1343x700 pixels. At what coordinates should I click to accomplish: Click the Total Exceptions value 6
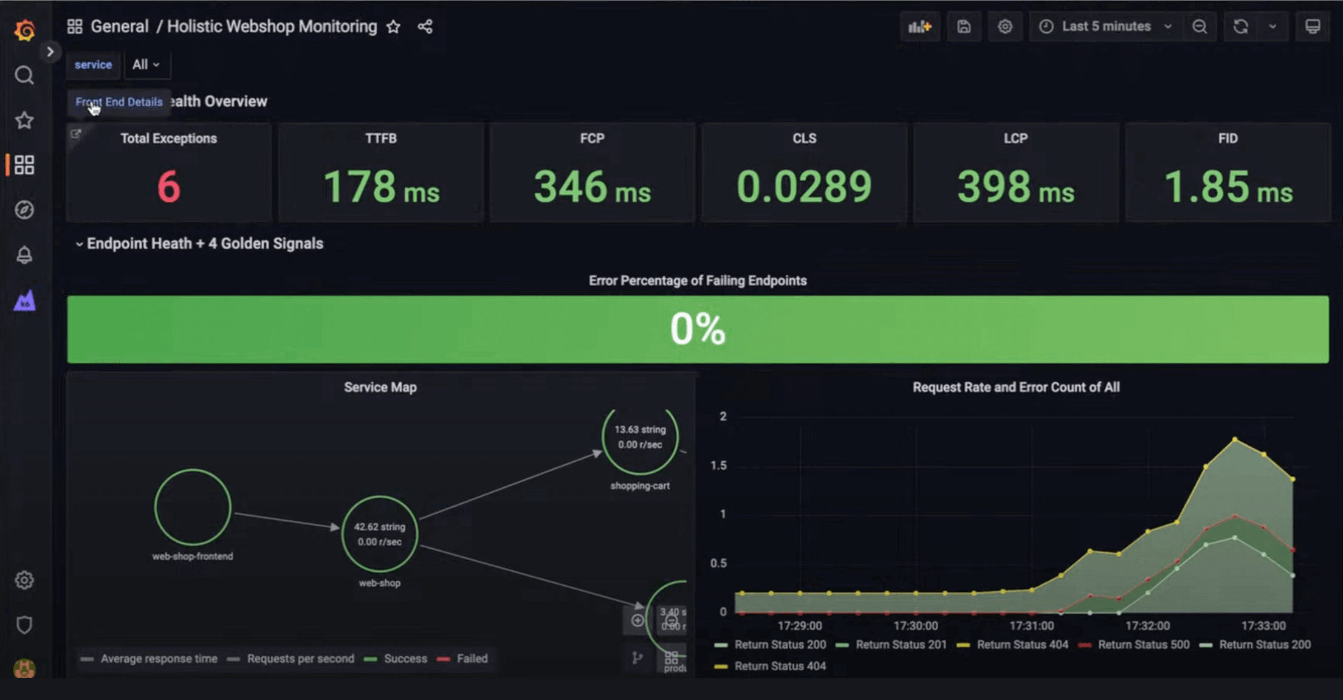(x=168, y=187)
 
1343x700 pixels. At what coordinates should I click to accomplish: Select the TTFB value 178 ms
(x=380, y=187)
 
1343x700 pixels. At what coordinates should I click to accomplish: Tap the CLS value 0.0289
(x=803, y=187)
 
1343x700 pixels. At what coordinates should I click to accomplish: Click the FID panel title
(x=1227, y=139)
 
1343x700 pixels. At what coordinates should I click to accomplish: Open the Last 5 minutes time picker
(x=1105, y=27)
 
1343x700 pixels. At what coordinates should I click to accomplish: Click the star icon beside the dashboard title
(x=393, y=27)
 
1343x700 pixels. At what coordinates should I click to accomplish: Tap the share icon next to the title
(x=425, y=27)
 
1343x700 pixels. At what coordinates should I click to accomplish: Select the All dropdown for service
(x=146, y=64)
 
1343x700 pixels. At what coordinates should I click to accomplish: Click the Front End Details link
(x=119, y=102)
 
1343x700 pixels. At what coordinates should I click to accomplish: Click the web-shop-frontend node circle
(x=193, y=507)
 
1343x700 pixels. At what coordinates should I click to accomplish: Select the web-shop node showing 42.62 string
(x=379, y=534)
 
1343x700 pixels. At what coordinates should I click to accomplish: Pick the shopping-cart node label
(x=639, y=486)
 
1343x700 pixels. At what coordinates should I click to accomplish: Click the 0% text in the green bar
(x=697, y=329)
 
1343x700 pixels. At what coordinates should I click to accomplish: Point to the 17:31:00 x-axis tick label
(x=1031, y=626)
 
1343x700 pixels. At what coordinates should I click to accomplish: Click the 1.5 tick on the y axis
(x=718, y=465)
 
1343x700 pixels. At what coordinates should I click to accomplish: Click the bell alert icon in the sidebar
(x=24, y=255)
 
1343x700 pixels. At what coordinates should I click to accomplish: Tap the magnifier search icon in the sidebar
(x=24, y=75)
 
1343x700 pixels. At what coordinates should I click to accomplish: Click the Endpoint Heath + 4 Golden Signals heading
(x=204, y=244)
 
